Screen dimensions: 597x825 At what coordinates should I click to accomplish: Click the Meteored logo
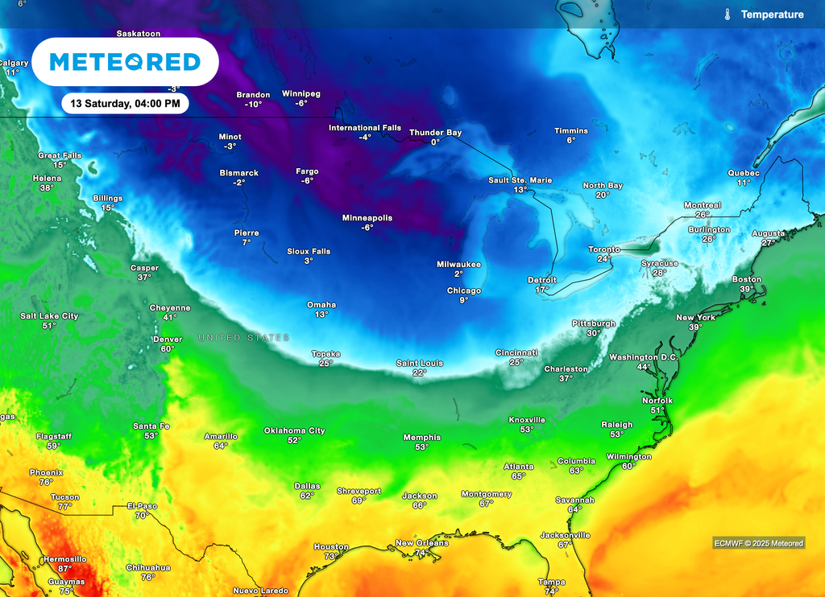click(x=125, y=62)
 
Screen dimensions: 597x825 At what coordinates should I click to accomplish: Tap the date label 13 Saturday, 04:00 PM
click(x=125, y=104)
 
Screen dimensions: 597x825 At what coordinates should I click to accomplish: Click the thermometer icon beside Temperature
click(x=727, y=14)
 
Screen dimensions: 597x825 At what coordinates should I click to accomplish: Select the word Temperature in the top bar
click(x=772, y=14)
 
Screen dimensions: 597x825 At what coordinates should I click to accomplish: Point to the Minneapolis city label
click(x=367, y=218)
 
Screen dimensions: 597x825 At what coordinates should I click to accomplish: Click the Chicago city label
click(x=464, y=290)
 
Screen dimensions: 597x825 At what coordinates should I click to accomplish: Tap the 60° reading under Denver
click(x=167, y=348)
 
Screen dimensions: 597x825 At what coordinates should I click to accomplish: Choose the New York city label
click(x=695, y=318)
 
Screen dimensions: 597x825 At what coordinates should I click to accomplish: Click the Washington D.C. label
click(x=642, y=357)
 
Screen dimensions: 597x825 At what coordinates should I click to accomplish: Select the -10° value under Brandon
click(x=254, y=105)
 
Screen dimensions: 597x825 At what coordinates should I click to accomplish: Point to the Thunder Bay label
click(x=435, y=133)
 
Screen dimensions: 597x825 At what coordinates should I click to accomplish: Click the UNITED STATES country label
click(x=244, y=338)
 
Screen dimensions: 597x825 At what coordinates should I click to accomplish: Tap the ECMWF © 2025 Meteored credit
click(x=758, y=543)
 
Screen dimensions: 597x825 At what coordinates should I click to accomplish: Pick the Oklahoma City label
click(x=294, y=430)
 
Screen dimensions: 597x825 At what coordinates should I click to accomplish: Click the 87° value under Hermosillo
click(x=64, y=568)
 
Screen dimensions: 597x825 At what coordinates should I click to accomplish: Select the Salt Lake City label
click(x=49, y=316)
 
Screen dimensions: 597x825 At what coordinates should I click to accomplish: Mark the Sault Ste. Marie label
click(x=520, y=180)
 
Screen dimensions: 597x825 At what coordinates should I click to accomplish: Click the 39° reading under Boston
click(x=747, y=289)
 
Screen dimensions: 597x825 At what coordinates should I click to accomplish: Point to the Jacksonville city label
click(x=565, y=535)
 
